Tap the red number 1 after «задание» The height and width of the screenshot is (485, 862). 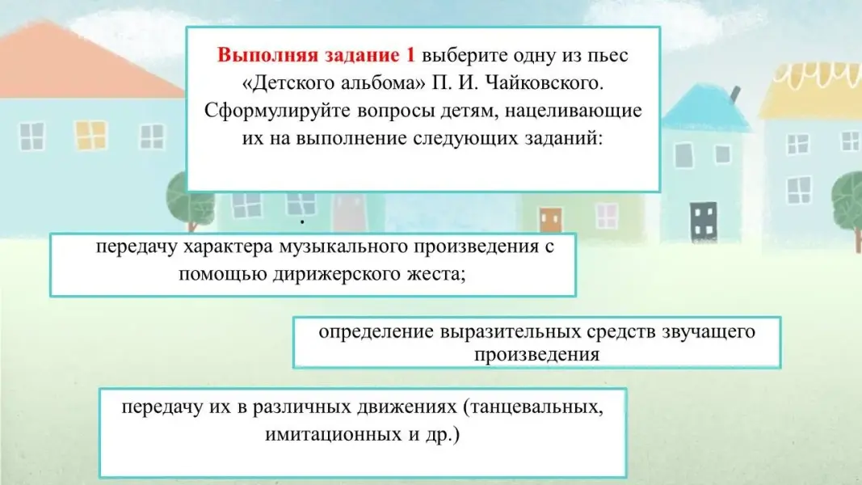tap(410, 55)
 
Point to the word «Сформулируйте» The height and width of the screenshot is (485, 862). tap(278, 111)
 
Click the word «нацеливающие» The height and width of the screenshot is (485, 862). tap(573, 111)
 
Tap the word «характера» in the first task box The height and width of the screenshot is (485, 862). tap(228, 247)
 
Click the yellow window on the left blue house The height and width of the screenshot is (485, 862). tap(90, 135)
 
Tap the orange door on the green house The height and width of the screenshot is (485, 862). tap(550, 219)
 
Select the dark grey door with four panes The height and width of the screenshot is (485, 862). tap(704, 221)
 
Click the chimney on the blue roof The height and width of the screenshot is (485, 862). tap(734, 95)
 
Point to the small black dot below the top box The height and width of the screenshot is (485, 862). tap(302, 221)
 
